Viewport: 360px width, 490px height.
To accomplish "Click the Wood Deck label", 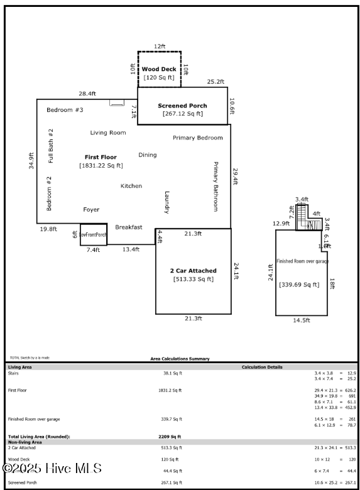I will click(x=159, y=69).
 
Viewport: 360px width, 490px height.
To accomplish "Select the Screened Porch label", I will click(x=182, y=106).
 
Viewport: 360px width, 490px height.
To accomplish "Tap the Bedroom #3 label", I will click(x=65, y=110).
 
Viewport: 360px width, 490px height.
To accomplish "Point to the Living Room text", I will click(x=108, y=133).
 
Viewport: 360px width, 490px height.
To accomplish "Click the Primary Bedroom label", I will click(x=197, y=138).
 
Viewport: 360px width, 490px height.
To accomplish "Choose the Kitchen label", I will click(x=131, y=186).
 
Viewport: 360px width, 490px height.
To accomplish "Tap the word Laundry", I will click(x=167, y=202).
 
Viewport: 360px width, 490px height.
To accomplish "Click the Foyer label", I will click(x=91, y=210).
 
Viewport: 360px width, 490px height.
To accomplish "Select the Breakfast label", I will click(x=128, y=227).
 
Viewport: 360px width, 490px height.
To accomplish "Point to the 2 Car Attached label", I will click(x=193, y=271).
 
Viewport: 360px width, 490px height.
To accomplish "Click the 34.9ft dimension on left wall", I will click(x=31, y=165).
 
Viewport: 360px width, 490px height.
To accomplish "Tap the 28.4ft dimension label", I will click(x=87, y=94).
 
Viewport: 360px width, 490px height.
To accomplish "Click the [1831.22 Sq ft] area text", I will click(x=101, y=166).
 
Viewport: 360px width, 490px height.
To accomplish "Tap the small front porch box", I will click(x=93, y=234).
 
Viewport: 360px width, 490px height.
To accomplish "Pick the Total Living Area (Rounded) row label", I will click(x=38, y=436).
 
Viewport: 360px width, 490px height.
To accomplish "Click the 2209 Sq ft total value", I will click(x=169, y=436).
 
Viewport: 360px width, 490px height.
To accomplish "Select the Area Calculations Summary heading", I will click(x=180, y=359).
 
